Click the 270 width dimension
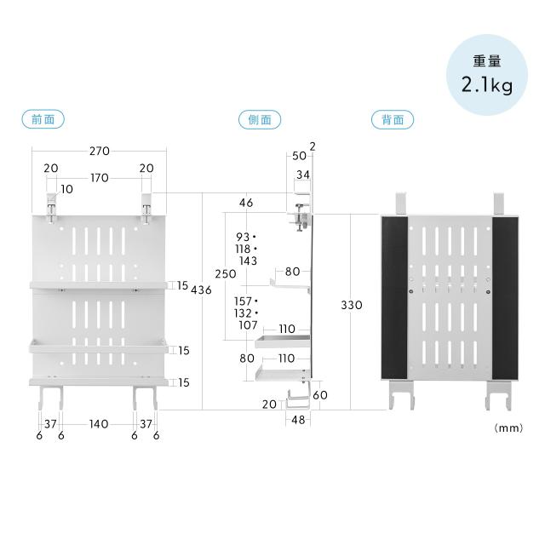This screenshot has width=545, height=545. coord(100,151)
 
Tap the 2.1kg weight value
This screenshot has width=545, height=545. coord(487,85)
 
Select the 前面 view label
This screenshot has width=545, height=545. coord(43,119)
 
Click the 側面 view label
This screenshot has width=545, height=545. coord(260,119)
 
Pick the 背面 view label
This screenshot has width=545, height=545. coord(393,119)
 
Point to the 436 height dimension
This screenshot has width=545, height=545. coord(201,290)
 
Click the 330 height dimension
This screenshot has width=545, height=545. coord(352,305)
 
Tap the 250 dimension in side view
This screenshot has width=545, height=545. coord(226,274)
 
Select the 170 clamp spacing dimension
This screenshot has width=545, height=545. coord(100,178)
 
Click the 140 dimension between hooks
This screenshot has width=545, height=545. coord(99,424)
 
